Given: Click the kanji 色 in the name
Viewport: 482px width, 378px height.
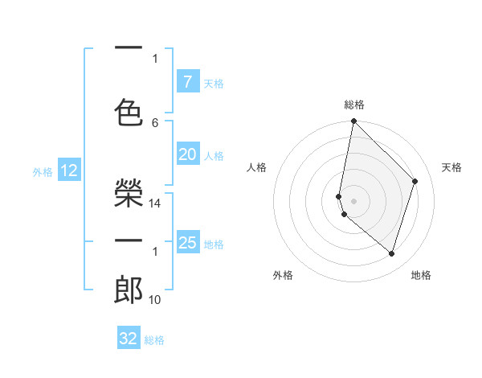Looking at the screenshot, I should coord(129,111).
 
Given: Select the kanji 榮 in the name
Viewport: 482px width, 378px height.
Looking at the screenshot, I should coord(129,194).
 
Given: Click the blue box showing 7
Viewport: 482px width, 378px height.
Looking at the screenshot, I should coord(187,81).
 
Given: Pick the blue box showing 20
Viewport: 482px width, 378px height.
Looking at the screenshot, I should coord(187,154).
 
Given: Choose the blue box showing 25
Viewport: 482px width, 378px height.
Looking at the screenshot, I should coord(187,242).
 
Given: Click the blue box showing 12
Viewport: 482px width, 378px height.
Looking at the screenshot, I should coord(69,171).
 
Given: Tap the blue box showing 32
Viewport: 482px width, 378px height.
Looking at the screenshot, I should coord(129,339).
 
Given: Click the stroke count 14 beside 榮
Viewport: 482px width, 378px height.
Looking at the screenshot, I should coord(156,203).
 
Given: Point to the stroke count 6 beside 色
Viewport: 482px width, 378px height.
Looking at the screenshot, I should coord(155,122).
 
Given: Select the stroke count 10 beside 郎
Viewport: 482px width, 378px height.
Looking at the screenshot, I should coord(156,300).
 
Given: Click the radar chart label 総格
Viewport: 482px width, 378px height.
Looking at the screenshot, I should coord(354,105).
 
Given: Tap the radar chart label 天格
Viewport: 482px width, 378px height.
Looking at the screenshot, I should coord(452,167).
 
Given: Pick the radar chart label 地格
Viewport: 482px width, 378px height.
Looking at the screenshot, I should coord(421,275).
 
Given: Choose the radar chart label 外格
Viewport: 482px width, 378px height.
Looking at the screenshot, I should coord(283,275).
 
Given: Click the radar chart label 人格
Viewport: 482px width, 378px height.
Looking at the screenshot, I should coord(257,167).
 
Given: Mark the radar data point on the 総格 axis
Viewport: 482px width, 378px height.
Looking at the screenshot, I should coord(353,121).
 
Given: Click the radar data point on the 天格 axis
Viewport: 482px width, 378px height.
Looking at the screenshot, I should coord(415,181).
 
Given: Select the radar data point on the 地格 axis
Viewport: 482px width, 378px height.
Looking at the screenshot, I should coord(391,253).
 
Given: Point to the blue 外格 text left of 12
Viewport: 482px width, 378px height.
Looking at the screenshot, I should coord(43,171).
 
